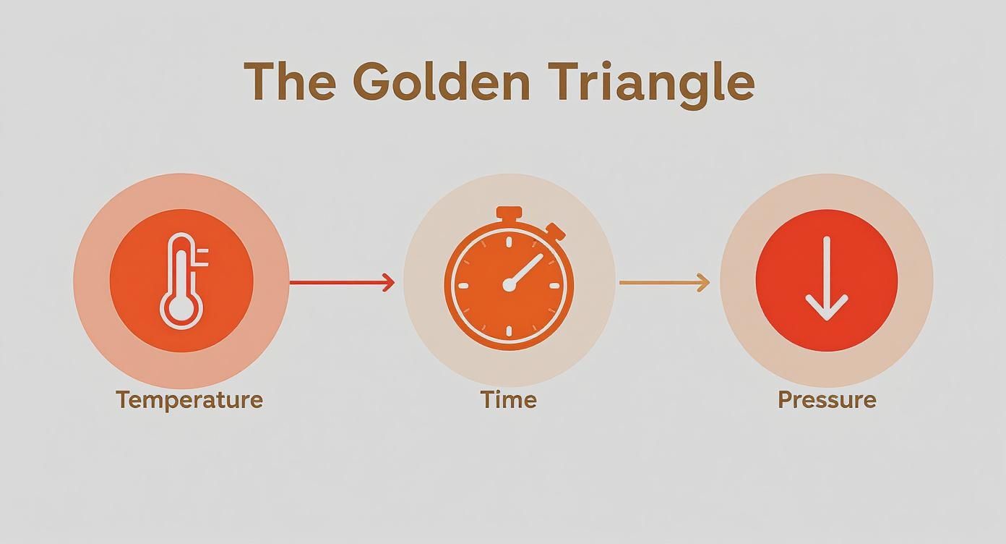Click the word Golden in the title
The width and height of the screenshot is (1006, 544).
[442, 82]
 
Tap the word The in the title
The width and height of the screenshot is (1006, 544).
[290, 82]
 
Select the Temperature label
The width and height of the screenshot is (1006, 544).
[189, 401]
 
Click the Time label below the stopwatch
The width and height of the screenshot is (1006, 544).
[509, 399]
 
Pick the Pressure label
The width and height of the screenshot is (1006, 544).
[827, 399]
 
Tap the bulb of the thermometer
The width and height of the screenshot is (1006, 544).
[181, 308]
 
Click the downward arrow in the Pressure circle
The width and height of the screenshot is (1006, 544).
[826, 279]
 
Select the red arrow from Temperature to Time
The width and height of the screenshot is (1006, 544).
[343, 282]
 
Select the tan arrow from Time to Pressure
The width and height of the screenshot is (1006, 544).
[665, 282]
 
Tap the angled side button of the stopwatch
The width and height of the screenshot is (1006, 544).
[556, 231]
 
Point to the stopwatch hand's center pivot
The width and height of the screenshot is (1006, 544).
[509, 284]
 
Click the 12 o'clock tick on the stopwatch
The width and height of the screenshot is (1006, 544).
[509, 242]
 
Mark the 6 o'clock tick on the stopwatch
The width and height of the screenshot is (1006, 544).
[509, 331]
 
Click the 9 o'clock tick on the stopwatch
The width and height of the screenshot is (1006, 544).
[463, 286]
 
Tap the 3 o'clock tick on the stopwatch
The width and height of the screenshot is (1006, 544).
[554, 286]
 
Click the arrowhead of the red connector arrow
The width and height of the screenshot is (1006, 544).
[389, 282]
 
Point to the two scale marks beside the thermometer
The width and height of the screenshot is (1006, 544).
[203, 257]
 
